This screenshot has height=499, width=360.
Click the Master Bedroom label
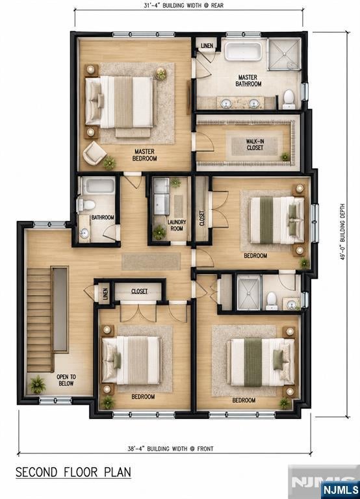[x=144, y=155]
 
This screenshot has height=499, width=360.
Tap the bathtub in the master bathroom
[x=243, y=51]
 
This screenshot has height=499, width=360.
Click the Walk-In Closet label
[x=255, y=144]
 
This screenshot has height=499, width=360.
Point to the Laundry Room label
[x=177, y=225]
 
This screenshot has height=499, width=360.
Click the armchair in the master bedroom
[x=94, y=153]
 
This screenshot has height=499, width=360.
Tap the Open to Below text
[x=66, y=380]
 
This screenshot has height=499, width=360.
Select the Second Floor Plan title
[x=73, y=472]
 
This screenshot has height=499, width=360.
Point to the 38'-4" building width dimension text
[x=171, y=449]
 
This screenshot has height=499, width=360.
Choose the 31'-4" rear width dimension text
[x=183, y=5]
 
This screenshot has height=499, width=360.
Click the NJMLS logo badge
[x=341, y=490]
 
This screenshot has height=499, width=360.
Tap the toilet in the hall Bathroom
[x=86, y=205]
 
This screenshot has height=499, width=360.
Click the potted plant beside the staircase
[x=38, y=385]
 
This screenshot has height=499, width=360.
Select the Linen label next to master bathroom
[x=207, y=46]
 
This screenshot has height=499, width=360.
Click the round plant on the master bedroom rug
[x=161, y=73]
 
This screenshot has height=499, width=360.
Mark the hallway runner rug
[x=151, y=261]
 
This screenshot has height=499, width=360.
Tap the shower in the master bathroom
[x=284, y=54]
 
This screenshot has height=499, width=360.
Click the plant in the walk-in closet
[x=285, y=157]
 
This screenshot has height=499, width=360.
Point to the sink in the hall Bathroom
[x=84, y=233]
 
